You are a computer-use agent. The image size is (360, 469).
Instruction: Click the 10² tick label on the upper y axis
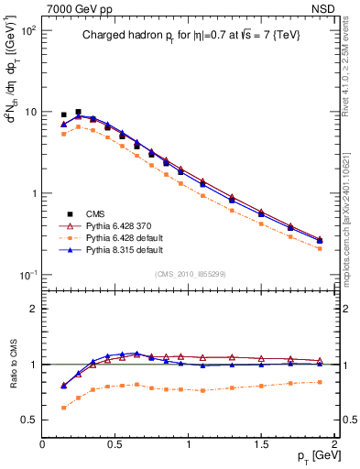point(27,30)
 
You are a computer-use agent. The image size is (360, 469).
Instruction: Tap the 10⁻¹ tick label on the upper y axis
point(27,275)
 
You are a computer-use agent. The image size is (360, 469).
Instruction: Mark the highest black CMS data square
point(78,112)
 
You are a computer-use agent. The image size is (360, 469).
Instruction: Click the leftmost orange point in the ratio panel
point(63,408)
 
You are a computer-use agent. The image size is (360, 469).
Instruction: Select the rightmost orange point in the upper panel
point(320,248)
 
